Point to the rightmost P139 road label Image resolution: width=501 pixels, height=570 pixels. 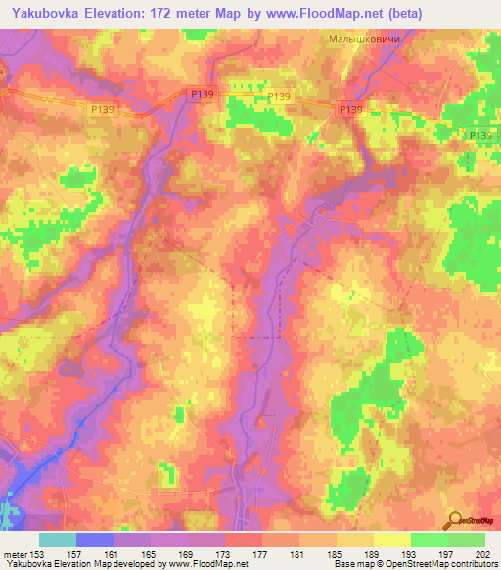[479, 135]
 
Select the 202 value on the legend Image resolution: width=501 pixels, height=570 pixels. [482, 554]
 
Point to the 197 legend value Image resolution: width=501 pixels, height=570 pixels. [446, 554]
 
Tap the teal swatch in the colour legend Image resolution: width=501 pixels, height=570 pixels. [58, 540]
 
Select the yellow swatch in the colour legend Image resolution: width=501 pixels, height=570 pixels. [392, 540]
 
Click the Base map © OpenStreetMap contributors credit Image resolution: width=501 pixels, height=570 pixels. [414, 565]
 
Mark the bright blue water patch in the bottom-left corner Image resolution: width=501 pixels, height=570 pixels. [18, 490]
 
